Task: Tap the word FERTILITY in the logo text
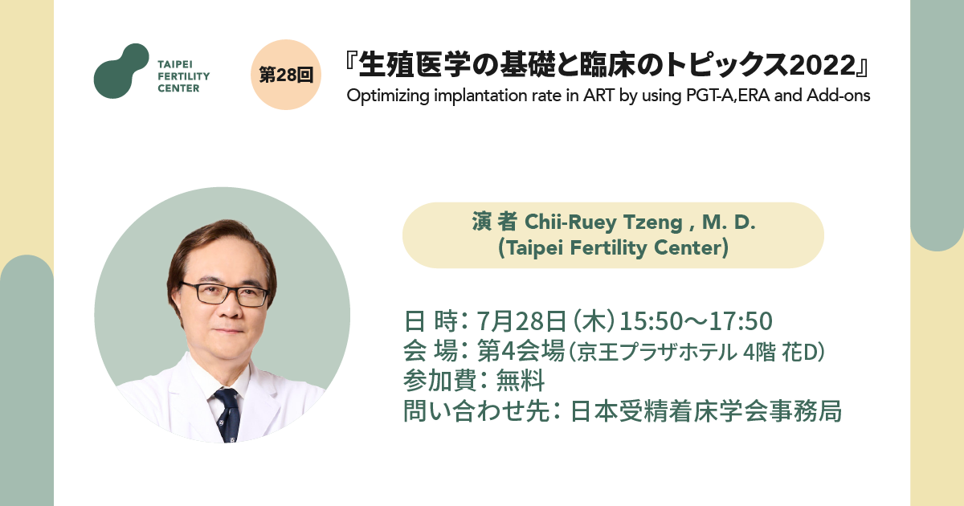pos(184,76)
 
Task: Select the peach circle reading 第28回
pos(286,75)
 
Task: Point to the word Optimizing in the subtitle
pos(388,96)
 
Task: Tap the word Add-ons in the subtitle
pos(839,95)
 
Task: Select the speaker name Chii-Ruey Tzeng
pos(603,222)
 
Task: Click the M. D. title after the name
pos(729,222)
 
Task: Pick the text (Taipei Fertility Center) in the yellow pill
pos(613,248)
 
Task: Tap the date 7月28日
pos(521,321)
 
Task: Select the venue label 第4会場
pos(521,351)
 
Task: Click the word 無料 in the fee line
pos(521,381)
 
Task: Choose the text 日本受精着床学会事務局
pos(706,411)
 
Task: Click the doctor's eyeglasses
pos(225,294)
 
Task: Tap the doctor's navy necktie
pos(228,416)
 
